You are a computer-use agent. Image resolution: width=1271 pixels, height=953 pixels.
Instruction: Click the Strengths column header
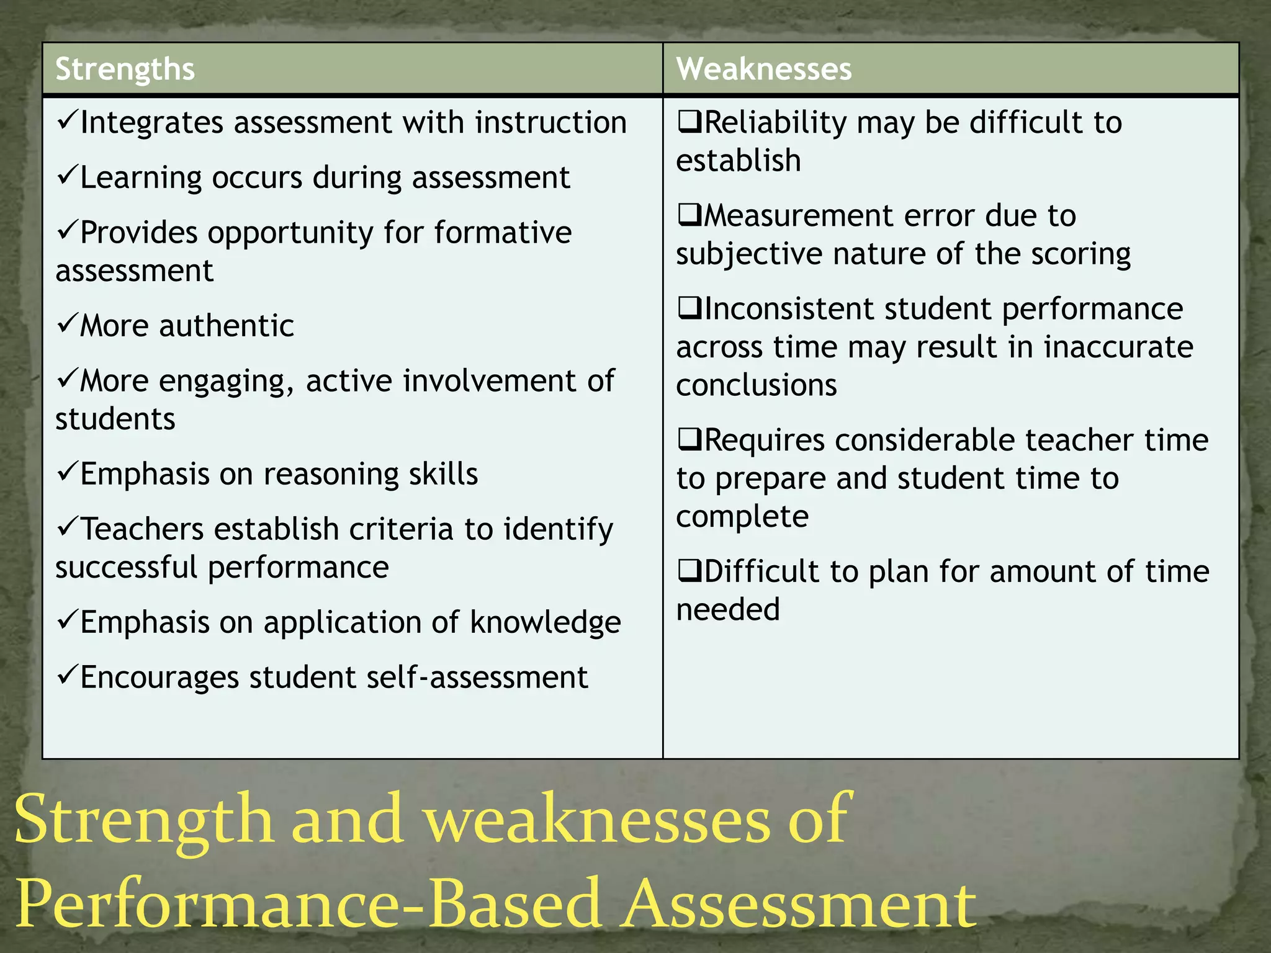point(125,69)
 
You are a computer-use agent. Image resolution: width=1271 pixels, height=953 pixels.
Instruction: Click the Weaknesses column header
point(763,69)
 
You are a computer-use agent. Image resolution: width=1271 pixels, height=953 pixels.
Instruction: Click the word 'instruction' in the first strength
point(550,122)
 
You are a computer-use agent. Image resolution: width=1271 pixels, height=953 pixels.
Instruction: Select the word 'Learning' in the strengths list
point(141,179)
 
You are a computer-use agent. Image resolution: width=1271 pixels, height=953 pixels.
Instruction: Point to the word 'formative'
point(503,233)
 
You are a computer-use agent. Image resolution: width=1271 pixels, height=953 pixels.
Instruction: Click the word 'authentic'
point(227,326)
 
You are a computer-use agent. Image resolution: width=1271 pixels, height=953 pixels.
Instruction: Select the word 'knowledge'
point(545,622)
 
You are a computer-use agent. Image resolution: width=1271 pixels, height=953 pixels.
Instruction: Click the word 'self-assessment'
point(477,677)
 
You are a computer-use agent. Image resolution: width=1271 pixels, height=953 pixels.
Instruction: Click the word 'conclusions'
point(756,385)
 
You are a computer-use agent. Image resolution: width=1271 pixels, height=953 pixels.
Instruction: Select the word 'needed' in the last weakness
point(727,609)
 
